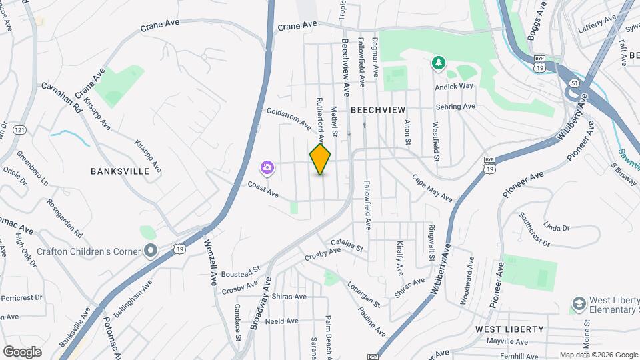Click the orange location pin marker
click(x=320, y=159)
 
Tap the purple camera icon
click(x=267, y=167)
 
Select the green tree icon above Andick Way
click(x=439, y=63)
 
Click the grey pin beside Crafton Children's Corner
click(x=151, y=251)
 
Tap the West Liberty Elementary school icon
click(x=578, y=305)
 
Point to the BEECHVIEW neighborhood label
click(x=377, y=109)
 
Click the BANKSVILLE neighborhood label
click(x=120, y=171)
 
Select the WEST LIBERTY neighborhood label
click(x=509, y=329)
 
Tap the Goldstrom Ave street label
click(x=288, y=119)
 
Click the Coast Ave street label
click(x=263, y=190)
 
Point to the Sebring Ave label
click(x=455, y=107)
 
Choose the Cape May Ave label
click(x=431, y=188)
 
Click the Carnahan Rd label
click(x=61, y=97)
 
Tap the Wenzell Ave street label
click(x=211, y=263)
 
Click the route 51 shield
click(x=574, y=83)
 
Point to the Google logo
click(x=22, y=351)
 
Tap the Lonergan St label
click(x=363, y=294)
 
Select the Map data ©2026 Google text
click(x=598, y=355)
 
